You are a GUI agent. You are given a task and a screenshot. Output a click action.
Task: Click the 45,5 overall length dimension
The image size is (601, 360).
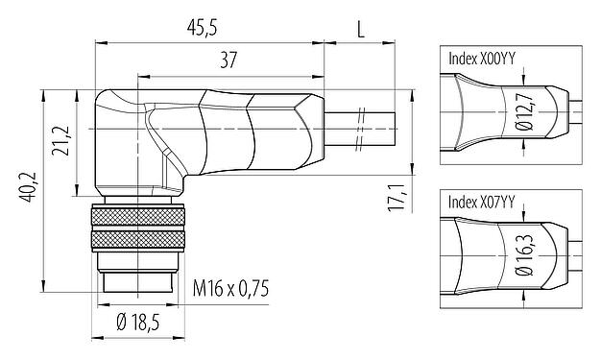(204, 29)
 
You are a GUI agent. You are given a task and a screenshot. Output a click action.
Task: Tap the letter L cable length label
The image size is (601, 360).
(360, 29)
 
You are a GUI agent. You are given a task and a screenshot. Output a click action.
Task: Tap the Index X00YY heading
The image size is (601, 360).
(482, 58)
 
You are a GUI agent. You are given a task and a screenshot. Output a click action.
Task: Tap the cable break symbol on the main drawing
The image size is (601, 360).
(360, 128)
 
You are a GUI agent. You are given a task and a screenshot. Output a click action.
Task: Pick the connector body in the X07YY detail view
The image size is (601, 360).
(490, 255)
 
